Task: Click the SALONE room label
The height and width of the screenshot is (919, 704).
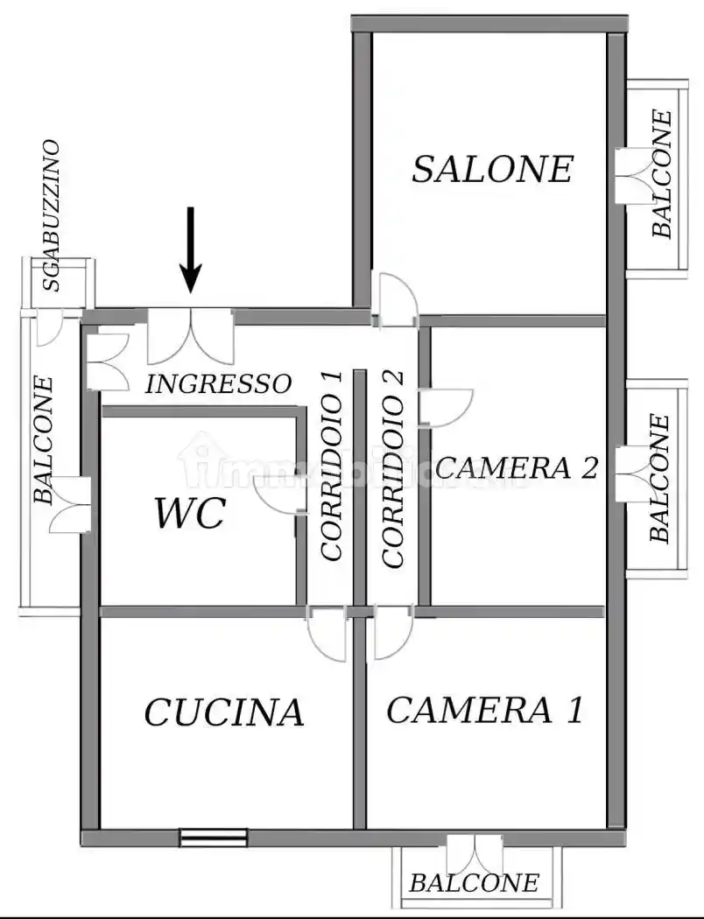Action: (x=492, y=169)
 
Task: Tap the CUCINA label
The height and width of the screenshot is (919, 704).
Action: (x=223, y=712)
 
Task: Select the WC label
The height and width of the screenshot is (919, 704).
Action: (x=190, y=514)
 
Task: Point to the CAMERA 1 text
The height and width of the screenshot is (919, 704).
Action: (x=484, y=710)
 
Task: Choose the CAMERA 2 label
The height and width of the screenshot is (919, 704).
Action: (x=517, y=467)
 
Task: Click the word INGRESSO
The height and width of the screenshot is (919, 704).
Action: (x=218, y=383)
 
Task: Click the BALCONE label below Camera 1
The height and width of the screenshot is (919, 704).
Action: (x=474, y=883)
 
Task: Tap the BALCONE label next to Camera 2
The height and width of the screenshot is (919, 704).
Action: (x=661, y=478)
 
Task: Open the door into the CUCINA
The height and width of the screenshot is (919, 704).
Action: (x=327, y=634)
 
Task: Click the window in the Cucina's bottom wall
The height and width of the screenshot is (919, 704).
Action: (x=214, y=838)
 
